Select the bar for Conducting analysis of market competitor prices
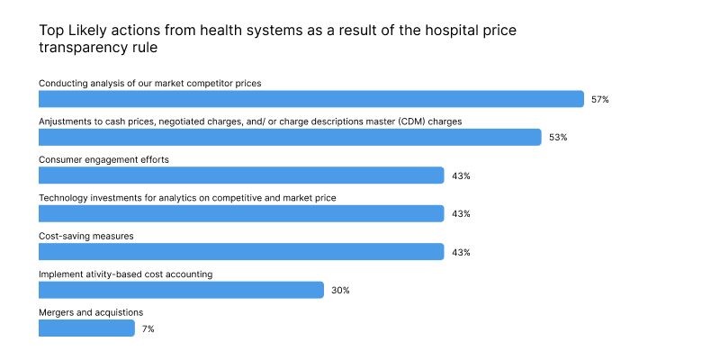(x=311, y=99)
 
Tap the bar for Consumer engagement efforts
(x=241, y=175)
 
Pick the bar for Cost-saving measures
(x=241, y=252)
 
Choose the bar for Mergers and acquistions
(x=86, y=328)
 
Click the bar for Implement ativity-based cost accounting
(x=181, y=290)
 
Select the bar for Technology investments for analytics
(x=241, y=213)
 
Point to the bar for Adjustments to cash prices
(x=290, y=137)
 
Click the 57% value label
(x=600, y=100)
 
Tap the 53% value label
(x=558, y=138)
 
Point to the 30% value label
(x=340, y=291)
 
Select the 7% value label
(x=148, y=329)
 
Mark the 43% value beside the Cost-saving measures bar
(x=461, y=253)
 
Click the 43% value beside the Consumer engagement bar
(x=461, y=176)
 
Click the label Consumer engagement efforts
(x=103, y=159)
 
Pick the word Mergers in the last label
(x=57, y=312)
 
